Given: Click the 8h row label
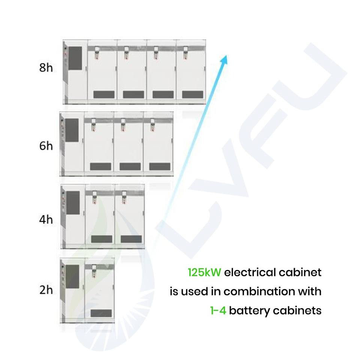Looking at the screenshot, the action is [46, 68].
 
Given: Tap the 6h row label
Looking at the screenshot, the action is [46, 146].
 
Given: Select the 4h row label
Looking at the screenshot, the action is [46, 219].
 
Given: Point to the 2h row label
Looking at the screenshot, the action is [46, 290].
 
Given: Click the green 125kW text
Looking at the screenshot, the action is [205, 272].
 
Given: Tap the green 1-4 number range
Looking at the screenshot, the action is [218, 310].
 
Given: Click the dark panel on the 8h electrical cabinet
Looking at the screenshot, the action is [75, 58].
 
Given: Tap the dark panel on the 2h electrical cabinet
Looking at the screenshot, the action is [72, 277].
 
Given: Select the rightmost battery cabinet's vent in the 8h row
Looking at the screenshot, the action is [193, 94].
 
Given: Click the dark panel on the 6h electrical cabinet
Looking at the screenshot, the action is [72, 130].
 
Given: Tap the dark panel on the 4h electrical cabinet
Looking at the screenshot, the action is [73, 203].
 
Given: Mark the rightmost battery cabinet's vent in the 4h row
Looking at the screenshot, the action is [131, 239].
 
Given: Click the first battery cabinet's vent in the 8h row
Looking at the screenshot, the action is [104, 94].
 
